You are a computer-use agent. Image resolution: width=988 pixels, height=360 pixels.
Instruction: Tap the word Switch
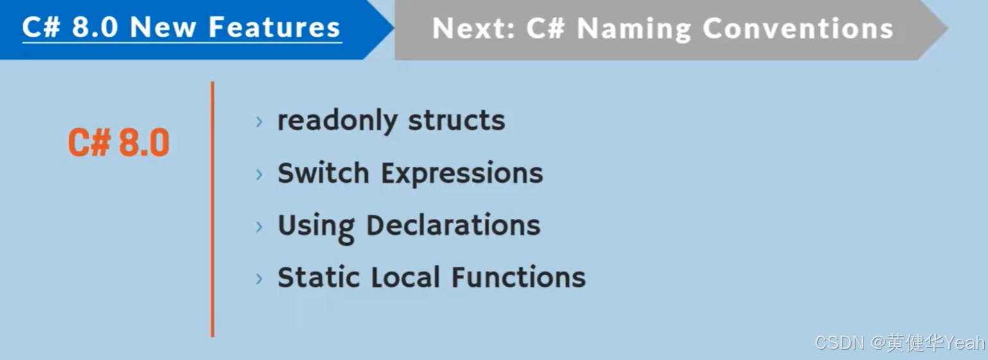pyautogui.click(x=323, y=173)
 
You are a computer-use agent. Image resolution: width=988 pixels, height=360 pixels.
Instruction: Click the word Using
pyautogui.click(x=315, y=227)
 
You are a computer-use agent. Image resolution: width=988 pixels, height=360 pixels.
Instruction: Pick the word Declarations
pyautogui.click(x=453, y=225)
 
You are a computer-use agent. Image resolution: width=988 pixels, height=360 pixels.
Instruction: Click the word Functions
pyautogui.click(x=518, y=277)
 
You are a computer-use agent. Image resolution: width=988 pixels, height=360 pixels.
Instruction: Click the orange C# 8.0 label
pyautogui.click(x=119, y=143)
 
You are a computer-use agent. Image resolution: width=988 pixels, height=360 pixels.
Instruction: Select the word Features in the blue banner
pyautogui.click(x=274, y=28)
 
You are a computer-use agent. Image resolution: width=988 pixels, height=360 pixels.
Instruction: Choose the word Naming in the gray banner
pyautogui.click(x=634, y=29)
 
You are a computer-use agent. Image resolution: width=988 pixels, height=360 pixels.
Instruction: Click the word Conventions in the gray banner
pyautogui.click(x=798, y=29)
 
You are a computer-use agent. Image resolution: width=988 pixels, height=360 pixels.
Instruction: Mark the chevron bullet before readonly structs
pyautogui.click(x=259, y=122)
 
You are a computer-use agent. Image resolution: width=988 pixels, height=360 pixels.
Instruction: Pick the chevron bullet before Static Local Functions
pyautogui.click(x=259, y=279)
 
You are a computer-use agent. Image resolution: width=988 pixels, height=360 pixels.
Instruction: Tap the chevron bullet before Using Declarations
pyautogui.click(x=259, y=227)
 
